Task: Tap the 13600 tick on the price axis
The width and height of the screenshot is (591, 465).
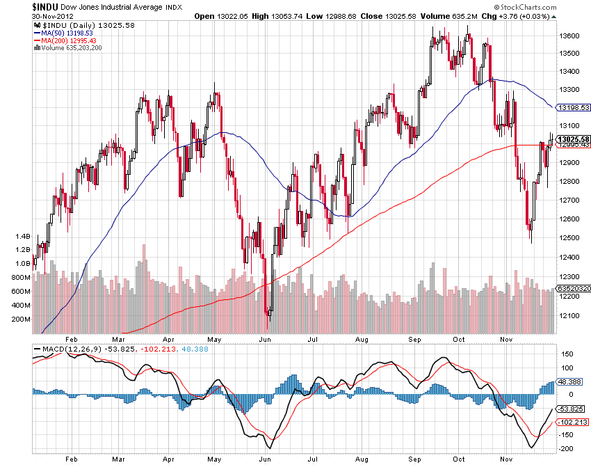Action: [x=570, y=35]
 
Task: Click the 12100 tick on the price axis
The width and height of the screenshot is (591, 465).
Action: [x=570, y=316]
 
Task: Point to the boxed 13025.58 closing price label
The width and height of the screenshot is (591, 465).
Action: [x=573, y=139]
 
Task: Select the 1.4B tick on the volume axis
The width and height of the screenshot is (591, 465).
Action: [x=22, y=236]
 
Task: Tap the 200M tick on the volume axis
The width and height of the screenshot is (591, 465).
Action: [x=21, y=319]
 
